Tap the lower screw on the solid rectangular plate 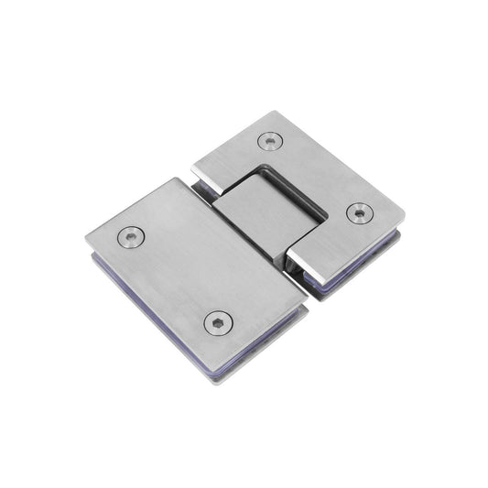218,322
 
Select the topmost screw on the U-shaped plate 269,141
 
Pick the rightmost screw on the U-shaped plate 360,212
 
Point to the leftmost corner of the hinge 87,240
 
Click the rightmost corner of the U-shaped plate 405,221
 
